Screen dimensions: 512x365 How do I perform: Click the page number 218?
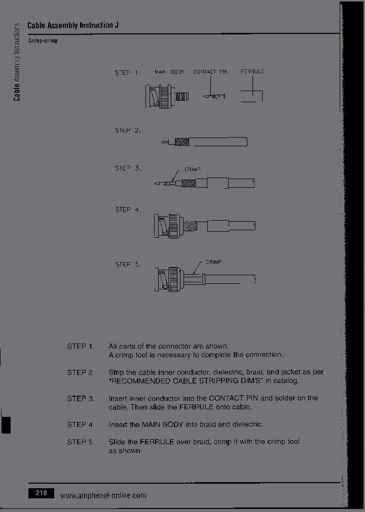[x=42, y=492]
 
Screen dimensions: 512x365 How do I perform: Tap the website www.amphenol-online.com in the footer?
[x=103, y=495]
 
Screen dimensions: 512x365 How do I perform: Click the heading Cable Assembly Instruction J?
[x=74, y=25]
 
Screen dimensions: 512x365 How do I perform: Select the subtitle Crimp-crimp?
[x=43, y=40]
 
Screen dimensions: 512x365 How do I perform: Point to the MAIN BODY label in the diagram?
[x=169, y=72]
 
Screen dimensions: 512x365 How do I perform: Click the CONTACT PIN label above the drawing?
[x=210, y=72]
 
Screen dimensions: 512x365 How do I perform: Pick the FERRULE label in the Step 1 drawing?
[x=252, y=72]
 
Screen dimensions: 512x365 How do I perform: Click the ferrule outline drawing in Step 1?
[x=251, y=96]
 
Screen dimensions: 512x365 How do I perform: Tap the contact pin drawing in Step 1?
[x=214, y=96]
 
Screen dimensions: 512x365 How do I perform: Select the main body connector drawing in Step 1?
[x=167, y=96]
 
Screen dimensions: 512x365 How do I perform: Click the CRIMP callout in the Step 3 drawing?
[x=193, y=169]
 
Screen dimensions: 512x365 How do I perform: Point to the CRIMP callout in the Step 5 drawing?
[x=213, y=262]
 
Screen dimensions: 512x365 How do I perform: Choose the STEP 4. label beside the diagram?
[x=128, y=209]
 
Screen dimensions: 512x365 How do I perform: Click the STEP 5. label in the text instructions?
[x=81, y=442]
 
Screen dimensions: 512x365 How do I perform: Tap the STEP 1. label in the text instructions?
[x=81, y=346]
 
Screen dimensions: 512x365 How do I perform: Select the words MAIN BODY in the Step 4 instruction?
[x=160, y=424]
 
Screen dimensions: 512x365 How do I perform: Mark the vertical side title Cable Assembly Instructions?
[x=17, y=62]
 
